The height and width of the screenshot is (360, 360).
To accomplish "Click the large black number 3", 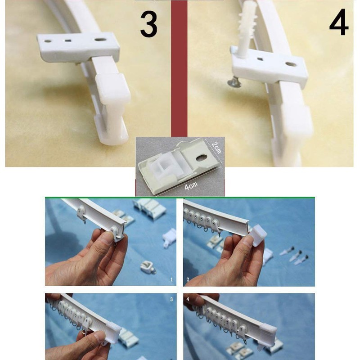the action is click(x=149, y=24).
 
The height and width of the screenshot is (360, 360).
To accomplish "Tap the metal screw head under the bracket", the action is click(x=234, y=83).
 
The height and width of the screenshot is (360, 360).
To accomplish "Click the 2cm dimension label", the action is click(x=216, y=148).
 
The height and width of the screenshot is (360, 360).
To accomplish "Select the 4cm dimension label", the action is click(x=191, y=186).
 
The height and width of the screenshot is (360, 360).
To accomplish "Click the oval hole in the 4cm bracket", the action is click(x=202, y=158).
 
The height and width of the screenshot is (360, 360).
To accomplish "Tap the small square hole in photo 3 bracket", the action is click(x=67, y=41).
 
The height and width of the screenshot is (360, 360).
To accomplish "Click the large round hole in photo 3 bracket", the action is click(x=100, y=40).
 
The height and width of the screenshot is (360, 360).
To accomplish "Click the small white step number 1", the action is click(x=171, y=279).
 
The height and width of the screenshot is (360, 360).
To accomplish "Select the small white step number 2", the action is click(x=188, y=279).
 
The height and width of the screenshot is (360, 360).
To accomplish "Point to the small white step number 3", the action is click(x=171, y=299).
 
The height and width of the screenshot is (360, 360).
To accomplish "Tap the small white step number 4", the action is click(x=188, y=299).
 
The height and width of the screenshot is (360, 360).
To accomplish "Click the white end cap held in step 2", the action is click(x=258, y=235).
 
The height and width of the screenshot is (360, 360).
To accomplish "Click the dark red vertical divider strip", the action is click(x=179, y=69).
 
